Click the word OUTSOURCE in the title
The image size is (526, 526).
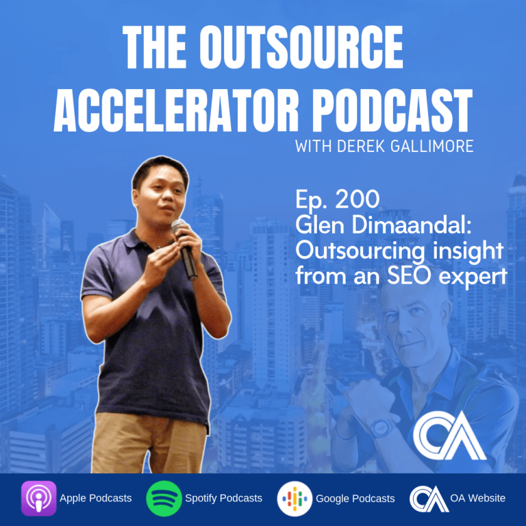[301, 47]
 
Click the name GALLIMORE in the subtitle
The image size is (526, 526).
[428, 147]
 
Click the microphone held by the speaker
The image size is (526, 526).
[184, 249]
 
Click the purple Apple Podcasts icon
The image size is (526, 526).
[39, 498]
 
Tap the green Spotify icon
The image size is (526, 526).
[164, 499]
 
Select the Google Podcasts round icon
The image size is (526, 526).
[295, 499]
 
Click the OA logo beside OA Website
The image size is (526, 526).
[428, 499]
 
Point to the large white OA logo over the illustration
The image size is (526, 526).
[449, 436]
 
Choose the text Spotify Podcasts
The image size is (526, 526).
[223, 499]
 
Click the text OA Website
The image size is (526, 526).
[477, 498]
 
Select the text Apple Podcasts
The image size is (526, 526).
[96, 499]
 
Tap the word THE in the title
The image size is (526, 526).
[155, 47]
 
